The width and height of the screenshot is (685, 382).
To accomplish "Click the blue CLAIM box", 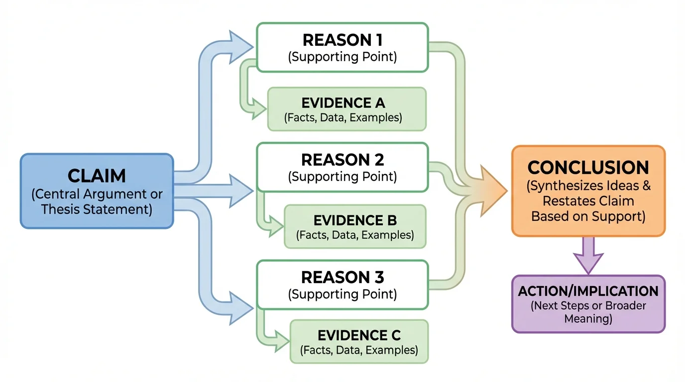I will coord(97,191).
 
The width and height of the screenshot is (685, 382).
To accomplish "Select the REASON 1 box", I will coord(342,47).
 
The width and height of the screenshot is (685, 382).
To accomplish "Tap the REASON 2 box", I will coord(342,167).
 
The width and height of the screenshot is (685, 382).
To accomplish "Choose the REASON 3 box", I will coord(342,285).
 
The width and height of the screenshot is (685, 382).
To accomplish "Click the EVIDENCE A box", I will coord(346,109).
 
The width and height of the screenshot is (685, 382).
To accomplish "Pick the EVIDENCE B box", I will coord(354,226).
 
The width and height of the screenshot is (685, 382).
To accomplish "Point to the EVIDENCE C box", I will coord(358,342).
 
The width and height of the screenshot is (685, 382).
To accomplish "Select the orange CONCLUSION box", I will coord(588,191).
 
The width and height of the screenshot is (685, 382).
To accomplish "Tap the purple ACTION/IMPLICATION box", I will coord(588,303).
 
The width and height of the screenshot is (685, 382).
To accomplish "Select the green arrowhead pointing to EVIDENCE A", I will coord(259,109).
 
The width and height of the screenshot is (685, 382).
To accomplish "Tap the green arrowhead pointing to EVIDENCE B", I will coord(276,227).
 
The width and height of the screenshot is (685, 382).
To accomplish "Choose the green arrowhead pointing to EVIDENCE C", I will coord(282,342).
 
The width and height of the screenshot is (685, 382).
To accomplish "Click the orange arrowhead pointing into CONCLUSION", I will coord(493,191).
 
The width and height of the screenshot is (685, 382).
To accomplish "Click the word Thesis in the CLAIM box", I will coord(59,209).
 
